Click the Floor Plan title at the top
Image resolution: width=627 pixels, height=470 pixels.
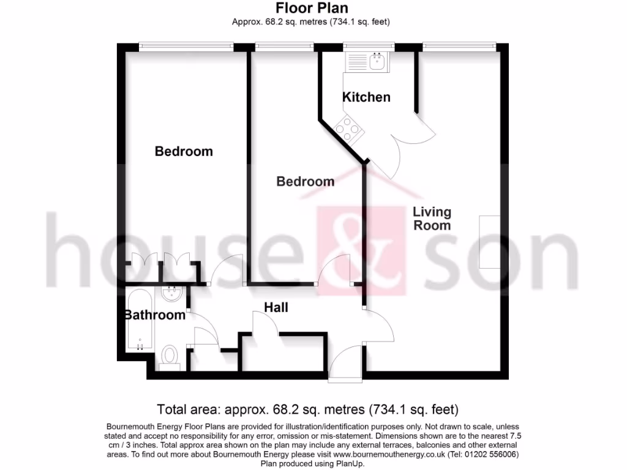pyautogui.click(x=312, y=8)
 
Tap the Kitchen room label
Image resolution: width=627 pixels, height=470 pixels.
pyautogui.click(x=366, y=97)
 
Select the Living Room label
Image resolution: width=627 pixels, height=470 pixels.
pyautogui.click(x=432, y=218)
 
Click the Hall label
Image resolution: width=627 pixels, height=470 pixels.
pyautogui.click(x=276, y=307)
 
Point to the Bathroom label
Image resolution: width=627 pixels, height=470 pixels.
pyautogui.click(x=154, y=315)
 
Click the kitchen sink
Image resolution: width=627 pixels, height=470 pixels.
pyautogui.click(x=366, y=61)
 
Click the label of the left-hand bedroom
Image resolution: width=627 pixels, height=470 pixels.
pyautogui.click(x=184, y=151)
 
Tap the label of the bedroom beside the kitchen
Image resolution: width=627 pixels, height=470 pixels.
pyautogui.click(x=306, y=182)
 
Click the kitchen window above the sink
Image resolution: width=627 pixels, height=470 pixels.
pyautogui.click(x=369, y=45)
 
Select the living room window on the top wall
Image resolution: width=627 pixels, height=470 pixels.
pyautogui.click(x=459, y=45)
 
